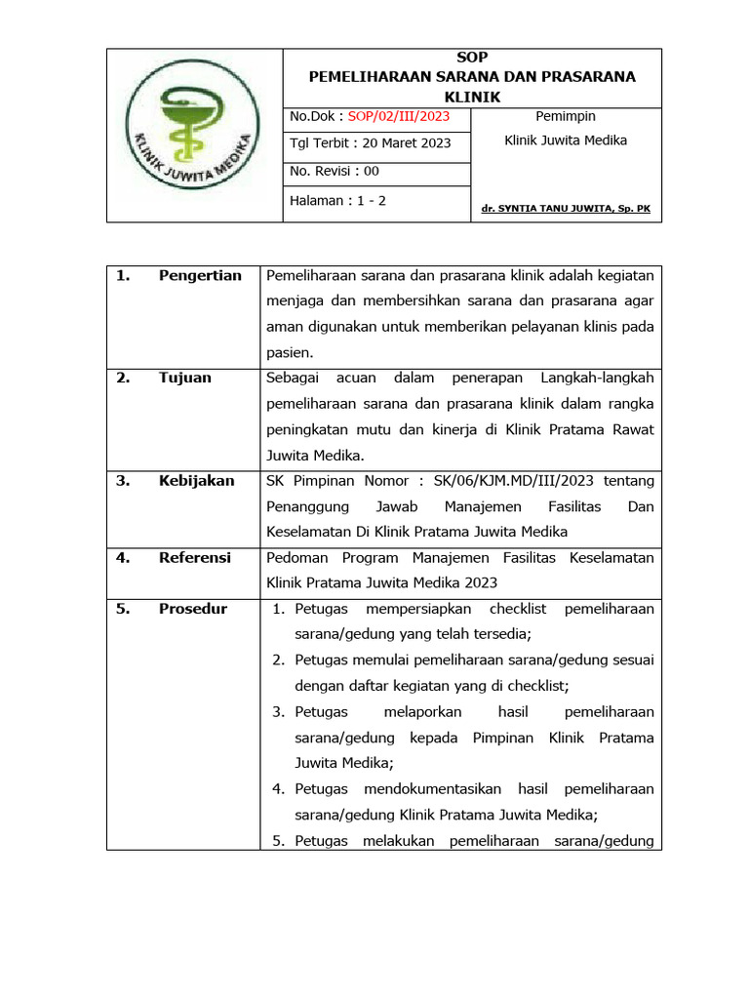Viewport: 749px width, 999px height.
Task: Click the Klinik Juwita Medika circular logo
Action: pos(194,136)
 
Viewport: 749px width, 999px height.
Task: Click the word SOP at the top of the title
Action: pos(472,58)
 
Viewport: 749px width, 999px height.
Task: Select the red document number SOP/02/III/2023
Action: pos(399,117)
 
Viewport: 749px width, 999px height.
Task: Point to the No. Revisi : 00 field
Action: pos(335,172)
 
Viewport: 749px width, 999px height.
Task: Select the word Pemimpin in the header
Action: pos(566,117)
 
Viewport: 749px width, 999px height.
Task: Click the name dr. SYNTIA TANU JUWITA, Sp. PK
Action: pos(566,209)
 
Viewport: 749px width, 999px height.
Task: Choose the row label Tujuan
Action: pos(184,378)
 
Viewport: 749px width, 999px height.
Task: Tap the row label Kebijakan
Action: pos(196,481)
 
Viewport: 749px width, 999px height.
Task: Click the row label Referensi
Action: pos(195,558)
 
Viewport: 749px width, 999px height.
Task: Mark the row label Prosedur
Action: pos(193,609)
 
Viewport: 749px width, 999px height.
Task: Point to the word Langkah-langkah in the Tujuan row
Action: pos(604,378)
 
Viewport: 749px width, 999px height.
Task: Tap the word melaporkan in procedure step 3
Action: pos(423,712)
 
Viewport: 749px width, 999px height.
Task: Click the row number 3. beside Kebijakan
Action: pos(123,481)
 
